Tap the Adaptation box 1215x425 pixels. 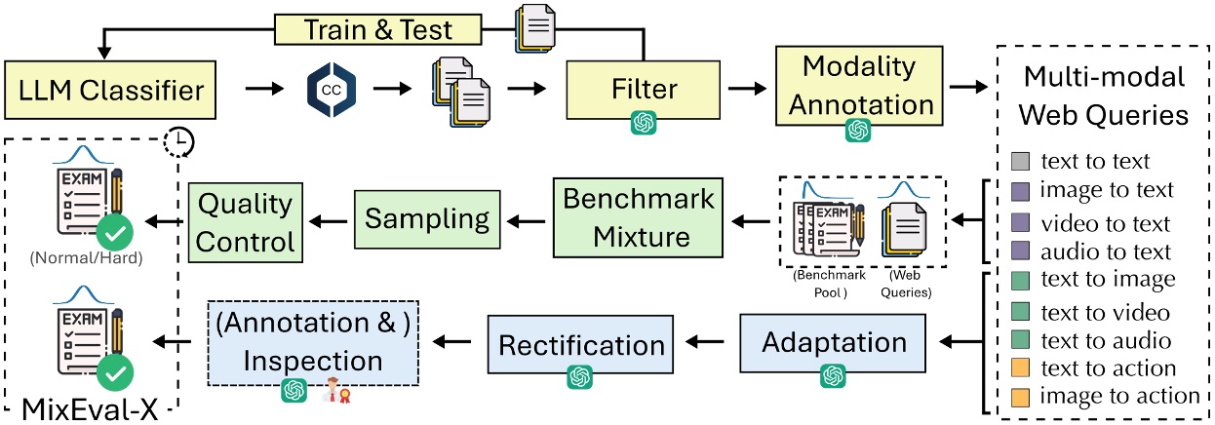(x=833, y=343)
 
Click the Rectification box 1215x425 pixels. (x=582, y=344)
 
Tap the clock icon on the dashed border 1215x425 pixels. (x=179, y=142)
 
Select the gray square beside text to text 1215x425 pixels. (x=1019, y=160)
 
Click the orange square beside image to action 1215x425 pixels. (x=1019, y=396)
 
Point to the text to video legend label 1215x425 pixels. (x=1105, y=313)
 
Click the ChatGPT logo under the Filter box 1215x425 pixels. (x=643, y=124)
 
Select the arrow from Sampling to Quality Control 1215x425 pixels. (x=326, y=221)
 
